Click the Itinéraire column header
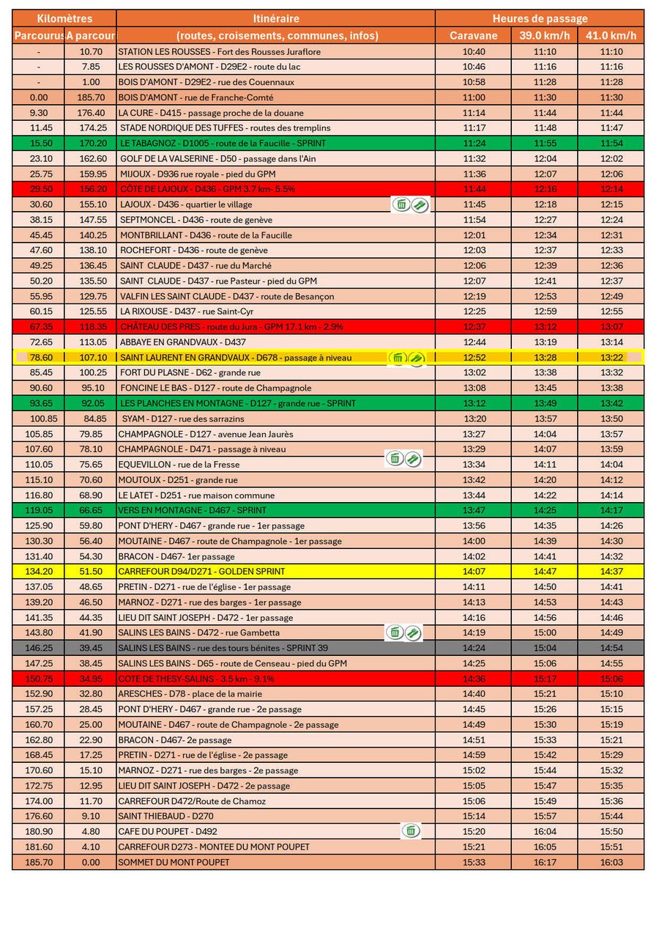click(275, 18)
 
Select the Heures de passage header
click(540, 18)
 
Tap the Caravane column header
click(473, 35)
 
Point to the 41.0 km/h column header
click(611, 35)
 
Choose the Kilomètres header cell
click(64, 18)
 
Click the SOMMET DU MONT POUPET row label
click(174, 862)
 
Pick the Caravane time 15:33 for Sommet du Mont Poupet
click(474, 862)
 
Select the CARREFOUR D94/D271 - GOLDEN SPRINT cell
click(202, 571)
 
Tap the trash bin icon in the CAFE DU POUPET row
click(411, 830)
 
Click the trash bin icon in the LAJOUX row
click(401, 204)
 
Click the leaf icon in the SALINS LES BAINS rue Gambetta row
click(413, 633)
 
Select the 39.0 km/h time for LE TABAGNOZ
click(544, 143)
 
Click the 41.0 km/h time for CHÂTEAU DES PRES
click(611, 327)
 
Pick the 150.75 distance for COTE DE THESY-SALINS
click(39, 679)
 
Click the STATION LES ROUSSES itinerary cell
click(220, 51)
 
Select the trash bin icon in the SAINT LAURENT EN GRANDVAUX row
click(398, 358)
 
